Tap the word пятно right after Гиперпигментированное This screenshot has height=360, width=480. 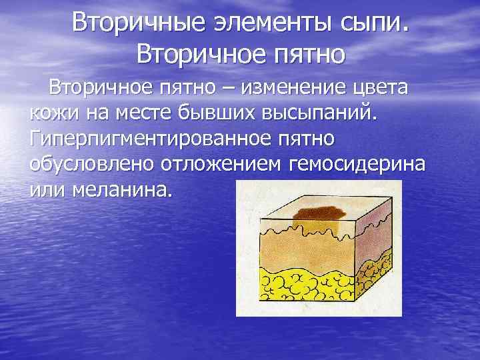[x=311, y=139]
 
